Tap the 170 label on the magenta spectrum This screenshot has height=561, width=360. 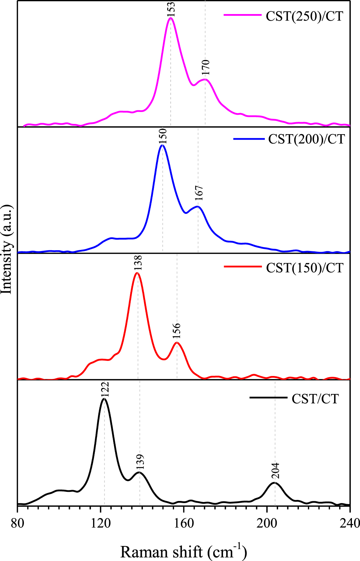206,67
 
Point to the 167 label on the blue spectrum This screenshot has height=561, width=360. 199,193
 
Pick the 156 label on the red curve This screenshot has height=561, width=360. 177,331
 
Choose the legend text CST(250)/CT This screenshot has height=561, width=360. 304,16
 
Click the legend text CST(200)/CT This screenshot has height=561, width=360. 306,139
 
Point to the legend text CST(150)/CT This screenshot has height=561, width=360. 304,268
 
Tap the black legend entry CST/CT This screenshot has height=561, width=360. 315,399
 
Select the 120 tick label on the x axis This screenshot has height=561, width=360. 101,523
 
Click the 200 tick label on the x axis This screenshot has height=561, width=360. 267,523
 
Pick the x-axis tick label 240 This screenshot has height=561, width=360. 350,523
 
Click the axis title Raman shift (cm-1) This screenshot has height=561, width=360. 183,551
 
